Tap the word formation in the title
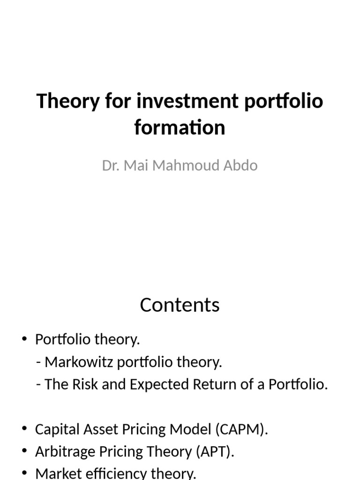pos(180,127)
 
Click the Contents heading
pos(180,305)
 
